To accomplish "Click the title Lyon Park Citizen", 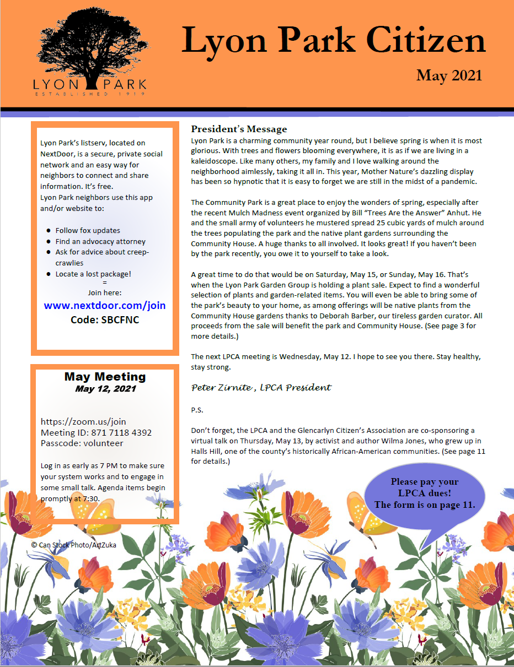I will click(x=333, y=41).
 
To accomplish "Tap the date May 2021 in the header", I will click(x=449, y=75).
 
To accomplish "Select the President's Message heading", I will click(x=239, y=129).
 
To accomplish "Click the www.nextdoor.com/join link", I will click(x=105, y=305).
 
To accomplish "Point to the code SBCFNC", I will click(x=105, y=319).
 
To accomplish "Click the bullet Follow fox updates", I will click(x=88, y=230).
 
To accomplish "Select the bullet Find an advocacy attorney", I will click(x=100, y=241).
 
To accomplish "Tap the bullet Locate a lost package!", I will click(x=93, y=274).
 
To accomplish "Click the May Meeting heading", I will click(x=105, y=377).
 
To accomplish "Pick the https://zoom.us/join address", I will click(x=83, y=422).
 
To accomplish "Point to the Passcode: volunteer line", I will click(x=82, y=443).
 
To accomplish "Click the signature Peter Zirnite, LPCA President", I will click(x=261, y=387).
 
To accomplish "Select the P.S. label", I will click(x=197, y=410).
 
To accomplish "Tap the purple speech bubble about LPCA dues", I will click(x=424, y=493).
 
